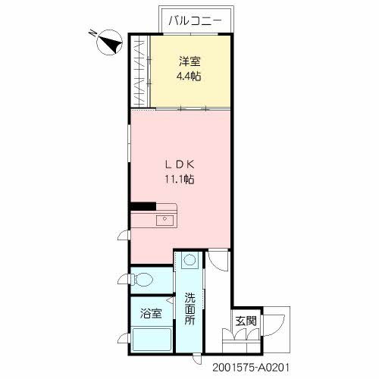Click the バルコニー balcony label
point(195,20)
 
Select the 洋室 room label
point(189,61)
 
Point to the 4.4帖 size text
point(189,77)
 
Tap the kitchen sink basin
point(164,221)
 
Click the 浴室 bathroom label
point(150,312)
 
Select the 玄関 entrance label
point(245,321)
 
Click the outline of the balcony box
point(195,8)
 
